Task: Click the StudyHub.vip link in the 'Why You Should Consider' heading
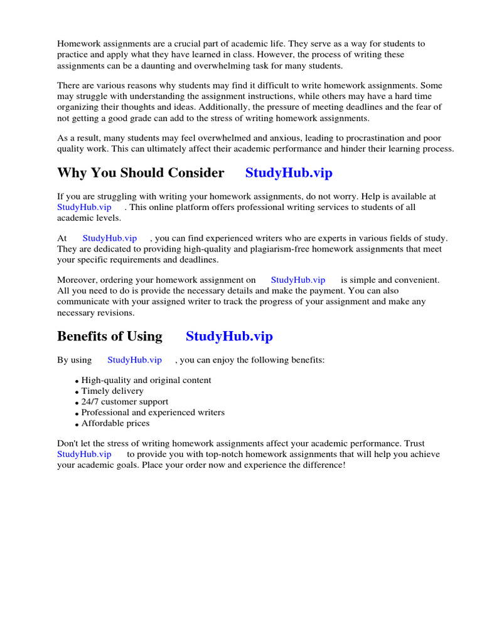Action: tap(289, 173)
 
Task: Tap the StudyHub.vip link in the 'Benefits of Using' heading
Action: tap(229, 337)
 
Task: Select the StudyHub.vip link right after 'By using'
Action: tap(134, 360)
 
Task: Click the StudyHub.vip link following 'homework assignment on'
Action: tap(297, 280)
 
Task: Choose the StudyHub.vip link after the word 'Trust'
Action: tap(84, 454)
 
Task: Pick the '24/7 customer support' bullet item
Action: tap(125, 402)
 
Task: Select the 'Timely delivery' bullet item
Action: tap(112, 391)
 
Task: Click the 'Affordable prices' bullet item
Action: tap(115, 423)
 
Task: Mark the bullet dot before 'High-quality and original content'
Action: tap(77, 381)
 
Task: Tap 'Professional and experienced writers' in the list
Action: tap(153, 413)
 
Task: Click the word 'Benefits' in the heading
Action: tap(82, 337)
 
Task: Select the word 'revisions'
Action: tap(113, 312)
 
